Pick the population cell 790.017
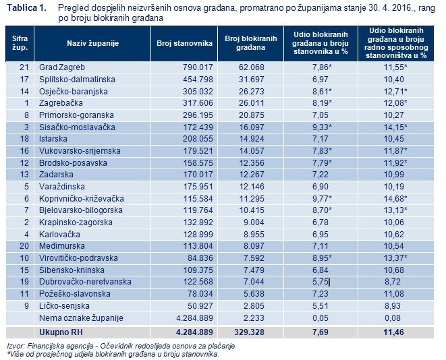(x=196, y=68)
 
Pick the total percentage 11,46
(x=395, y=332)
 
